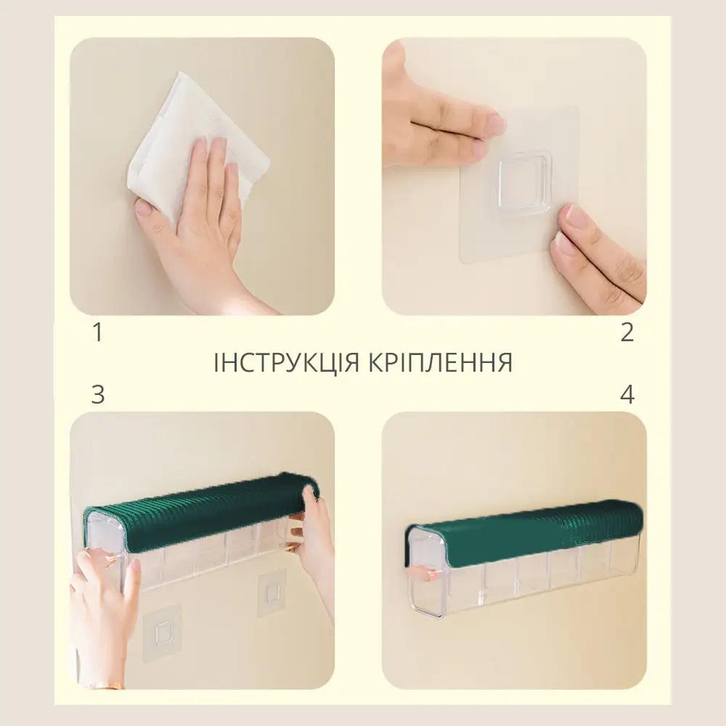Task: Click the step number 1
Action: [98, 333]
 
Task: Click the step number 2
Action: [627, 333]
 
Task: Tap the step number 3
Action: [98, 394]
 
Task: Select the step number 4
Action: [627, 394]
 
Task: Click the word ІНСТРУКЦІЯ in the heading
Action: [286, 362]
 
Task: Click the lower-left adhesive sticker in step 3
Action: [163, 633]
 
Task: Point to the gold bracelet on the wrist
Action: [107, 686]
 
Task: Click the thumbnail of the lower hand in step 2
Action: [574, 216]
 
